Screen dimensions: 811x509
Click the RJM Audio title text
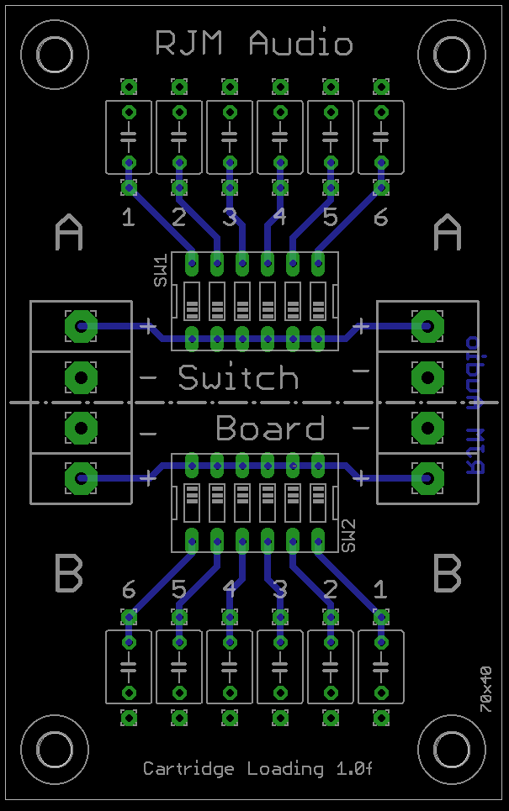point(254,44)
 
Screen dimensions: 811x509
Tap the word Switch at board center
point(238,378)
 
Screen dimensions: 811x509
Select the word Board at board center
point(270,429)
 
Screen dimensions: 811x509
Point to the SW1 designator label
point(160,272)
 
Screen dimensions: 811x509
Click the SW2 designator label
point(350,535)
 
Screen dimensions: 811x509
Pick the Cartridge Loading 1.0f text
point(257,768)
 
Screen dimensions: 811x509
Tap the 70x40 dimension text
point(485,689)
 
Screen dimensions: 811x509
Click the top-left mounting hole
point(56,55)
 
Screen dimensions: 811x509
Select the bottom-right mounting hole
point(453,750)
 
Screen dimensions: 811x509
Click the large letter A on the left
point(69,233)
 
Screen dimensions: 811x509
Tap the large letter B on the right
point(448,574)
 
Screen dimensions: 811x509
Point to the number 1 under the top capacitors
point(128,219)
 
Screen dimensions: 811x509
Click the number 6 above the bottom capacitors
point(128,591)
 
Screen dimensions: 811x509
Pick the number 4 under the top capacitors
point(279,219)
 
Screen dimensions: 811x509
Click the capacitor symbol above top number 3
point(230,135)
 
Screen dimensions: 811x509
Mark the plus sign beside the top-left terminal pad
point(149,326)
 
